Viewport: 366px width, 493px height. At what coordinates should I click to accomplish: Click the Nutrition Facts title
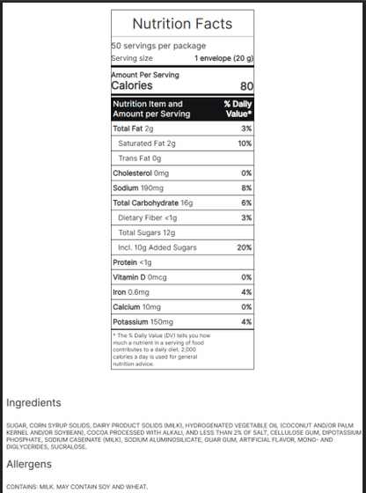point(182,24)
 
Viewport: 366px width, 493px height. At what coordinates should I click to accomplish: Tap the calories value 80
point(245,86)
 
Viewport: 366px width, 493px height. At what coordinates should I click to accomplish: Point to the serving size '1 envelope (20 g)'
point(223,58)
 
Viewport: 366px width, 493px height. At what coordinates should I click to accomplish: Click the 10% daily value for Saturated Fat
point(245,143)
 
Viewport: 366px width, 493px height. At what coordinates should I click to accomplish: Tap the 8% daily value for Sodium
point(246,188)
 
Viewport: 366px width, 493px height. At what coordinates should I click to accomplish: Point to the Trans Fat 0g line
point(139,158)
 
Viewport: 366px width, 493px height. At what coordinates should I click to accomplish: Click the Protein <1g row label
point(132,262)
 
